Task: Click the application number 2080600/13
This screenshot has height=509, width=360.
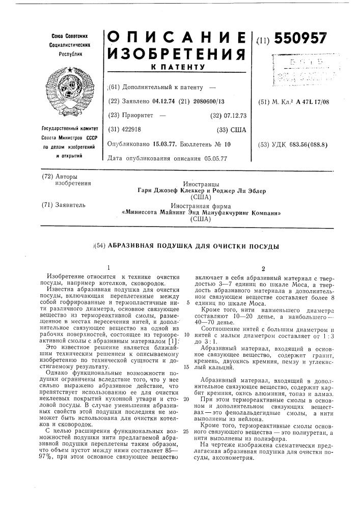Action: click(x=206, y=101)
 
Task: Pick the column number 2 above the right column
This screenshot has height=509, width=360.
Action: click(x=263, y=267)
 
